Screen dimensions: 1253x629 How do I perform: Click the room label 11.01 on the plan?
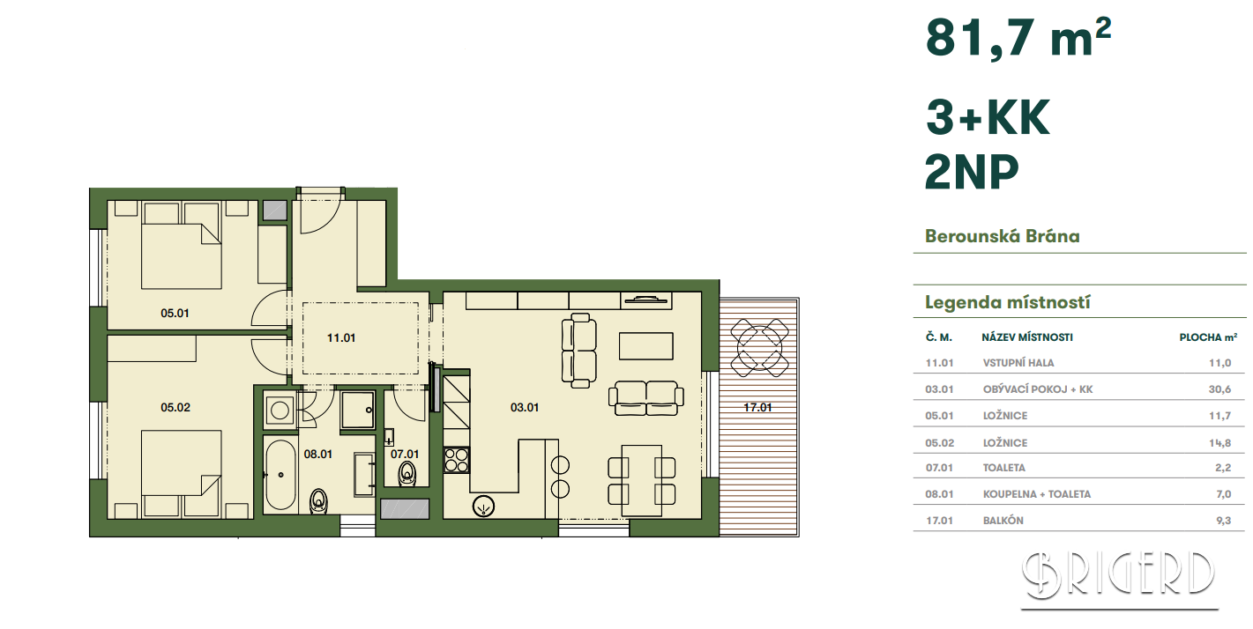341,338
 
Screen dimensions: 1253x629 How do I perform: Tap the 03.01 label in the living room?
525,408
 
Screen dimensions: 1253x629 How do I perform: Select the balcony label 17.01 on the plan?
757,408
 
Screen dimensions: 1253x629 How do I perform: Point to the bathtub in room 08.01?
280,475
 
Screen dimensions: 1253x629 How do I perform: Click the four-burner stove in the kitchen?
457,461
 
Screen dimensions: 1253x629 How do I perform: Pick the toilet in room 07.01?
406,474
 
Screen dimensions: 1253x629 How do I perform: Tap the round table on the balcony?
759,347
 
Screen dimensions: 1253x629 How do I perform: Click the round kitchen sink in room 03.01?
483,506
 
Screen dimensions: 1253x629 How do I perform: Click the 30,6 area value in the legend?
1219,389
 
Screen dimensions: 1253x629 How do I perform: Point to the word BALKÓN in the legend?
1003,521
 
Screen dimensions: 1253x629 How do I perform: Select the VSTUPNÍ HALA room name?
1018,363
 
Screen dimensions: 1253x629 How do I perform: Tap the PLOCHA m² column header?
1208,337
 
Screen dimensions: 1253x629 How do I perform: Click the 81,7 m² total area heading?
1018,38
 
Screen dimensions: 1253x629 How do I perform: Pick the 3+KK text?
988,118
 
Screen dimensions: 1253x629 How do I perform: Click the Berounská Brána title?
1003,236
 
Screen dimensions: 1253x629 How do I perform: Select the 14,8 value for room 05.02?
1219,443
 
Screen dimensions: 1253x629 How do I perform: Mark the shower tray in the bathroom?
358,411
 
